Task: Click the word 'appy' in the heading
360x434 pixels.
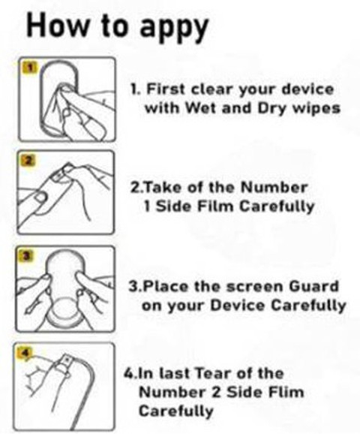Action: click(x=174, y=27)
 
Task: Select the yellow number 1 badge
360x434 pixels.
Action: click(x=31, y=67)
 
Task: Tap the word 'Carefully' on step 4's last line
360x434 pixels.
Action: click(x=175, y=411)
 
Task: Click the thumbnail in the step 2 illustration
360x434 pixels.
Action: click(x=39, y=198)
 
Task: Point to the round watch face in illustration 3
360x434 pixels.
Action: click(x=64, y=309)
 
